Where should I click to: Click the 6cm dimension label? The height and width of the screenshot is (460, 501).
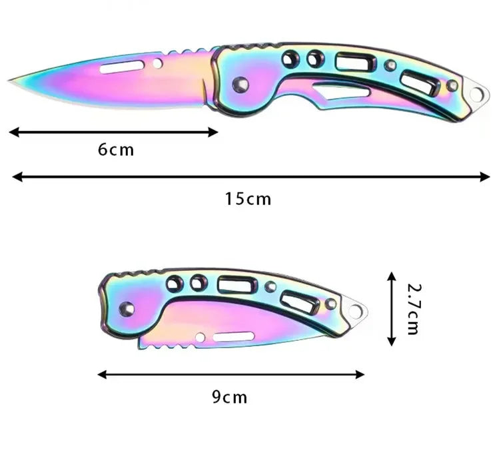(x=116, y=150)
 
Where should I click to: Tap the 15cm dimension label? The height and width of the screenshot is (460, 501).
(x=248, y=198)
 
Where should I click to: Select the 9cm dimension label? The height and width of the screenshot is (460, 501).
(x=229, y=397)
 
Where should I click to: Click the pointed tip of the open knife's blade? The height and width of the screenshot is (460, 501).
(x=11, y=81)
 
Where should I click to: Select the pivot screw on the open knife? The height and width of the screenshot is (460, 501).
(x=241, y=85)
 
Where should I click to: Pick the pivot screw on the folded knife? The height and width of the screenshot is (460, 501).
(x=126, y=308)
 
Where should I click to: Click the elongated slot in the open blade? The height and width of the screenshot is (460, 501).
(x=121, y=66)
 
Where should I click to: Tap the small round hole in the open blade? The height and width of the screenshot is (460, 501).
(x=157, y=63)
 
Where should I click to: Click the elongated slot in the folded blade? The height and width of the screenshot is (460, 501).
(x=233, y=337)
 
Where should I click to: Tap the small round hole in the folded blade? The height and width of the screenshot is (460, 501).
(x=201, y=338)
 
